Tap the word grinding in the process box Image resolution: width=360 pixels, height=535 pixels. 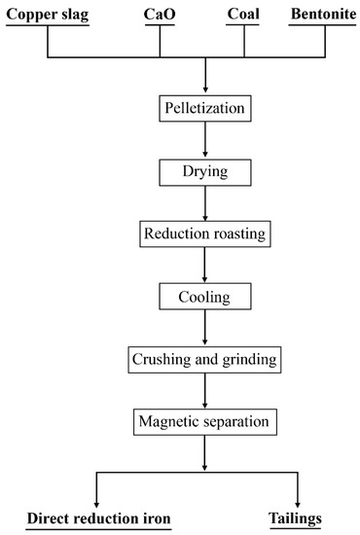248,360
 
